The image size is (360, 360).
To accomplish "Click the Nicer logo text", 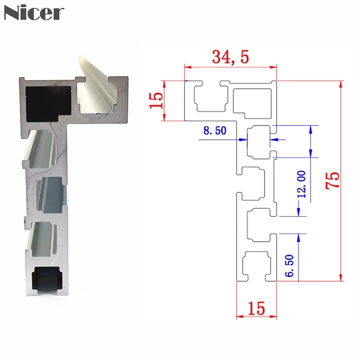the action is click(x=34, y=13).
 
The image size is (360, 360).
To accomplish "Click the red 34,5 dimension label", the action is click(x=230, y=57).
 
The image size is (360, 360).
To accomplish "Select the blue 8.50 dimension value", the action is click(x=215, y=130).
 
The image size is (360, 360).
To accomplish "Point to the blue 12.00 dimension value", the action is click(x=301, y=184).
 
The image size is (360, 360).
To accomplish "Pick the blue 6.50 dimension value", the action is click(x=289, y=265).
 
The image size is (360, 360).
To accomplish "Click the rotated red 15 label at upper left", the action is click(x=156, y=100).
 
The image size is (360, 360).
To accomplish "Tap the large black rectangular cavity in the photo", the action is click(x=48, y=104).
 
